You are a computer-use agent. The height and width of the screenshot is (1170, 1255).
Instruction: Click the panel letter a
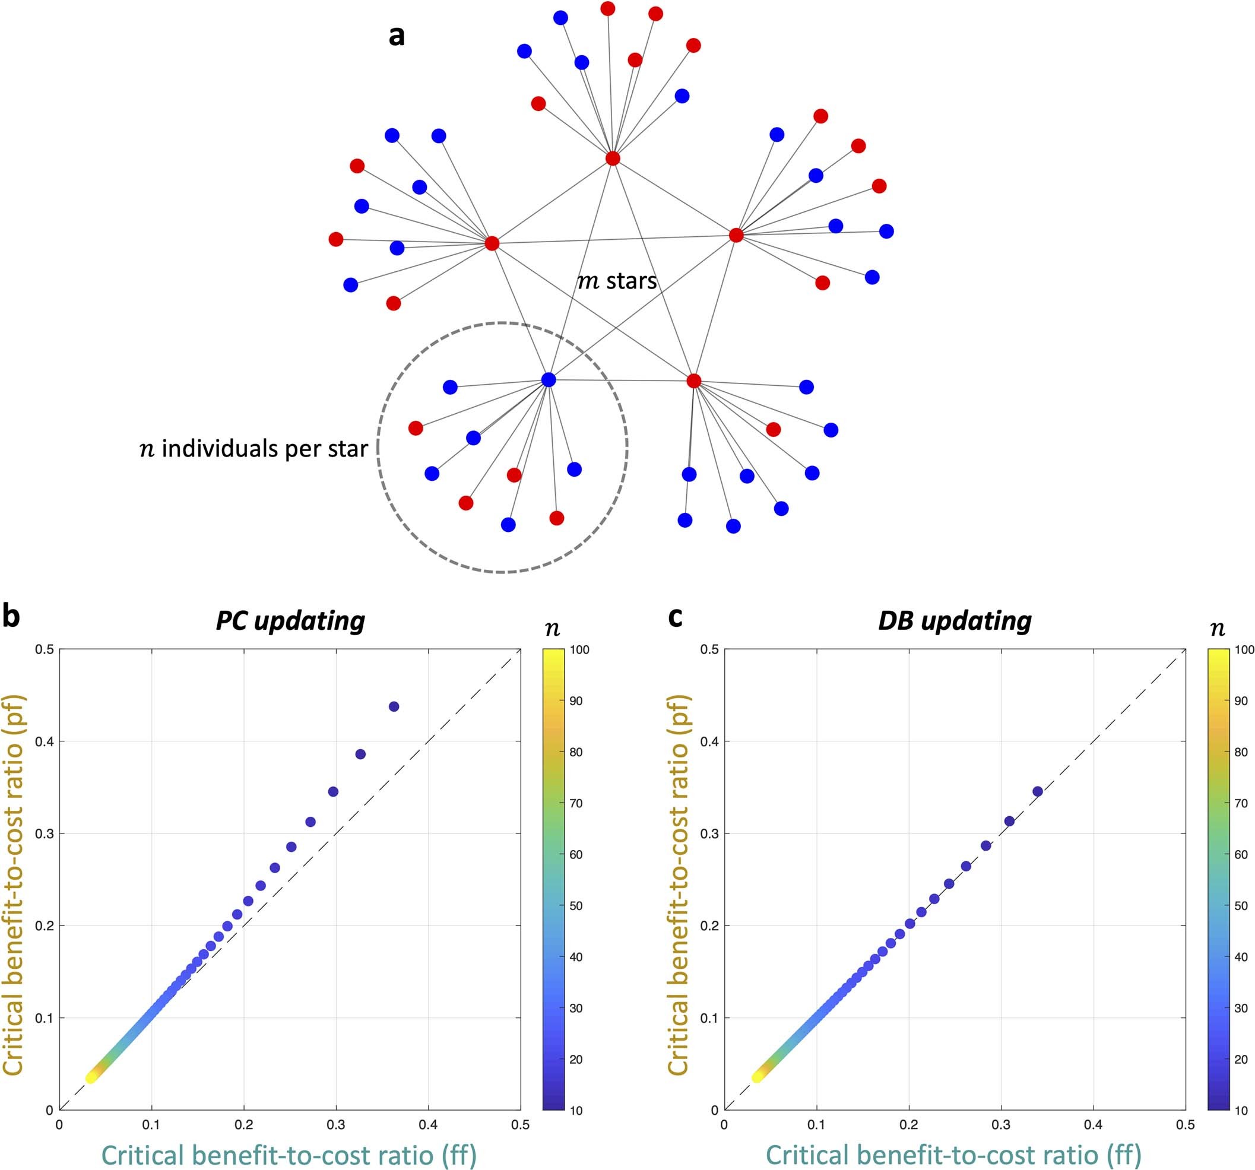tap(397, 36)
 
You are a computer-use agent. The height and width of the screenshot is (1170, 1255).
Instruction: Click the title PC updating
tap(290, 621)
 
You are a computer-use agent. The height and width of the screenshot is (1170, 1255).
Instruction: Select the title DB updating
tap(955, 621)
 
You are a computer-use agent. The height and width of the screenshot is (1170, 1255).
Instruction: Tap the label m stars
tap(617, 281)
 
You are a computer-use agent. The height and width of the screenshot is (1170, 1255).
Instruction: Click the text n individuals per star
tap(253, 449)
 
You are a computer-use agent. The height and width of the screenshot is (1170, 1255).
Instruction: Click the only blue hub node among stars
tap(549, 380)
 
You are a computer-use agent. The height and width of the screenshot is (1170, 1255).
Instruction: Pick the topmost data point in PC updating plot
tap(394, 706)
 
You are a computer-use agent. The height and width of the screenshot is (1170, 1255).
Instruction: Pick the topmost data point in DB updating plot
tap(1037, 791)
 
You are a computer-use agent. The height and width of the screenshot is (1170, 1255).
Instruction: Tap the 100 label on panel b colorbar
tap(579, 650)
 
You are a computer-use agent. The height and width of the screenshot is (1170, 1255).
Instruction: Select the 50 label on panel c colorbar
tap(1241, 906)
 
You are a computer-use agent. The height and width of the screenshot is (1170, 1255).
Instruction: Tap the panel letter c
tap(675, 617)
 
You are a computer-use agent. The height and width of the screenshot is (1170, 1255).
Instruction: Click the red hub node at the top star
tap(612, 158)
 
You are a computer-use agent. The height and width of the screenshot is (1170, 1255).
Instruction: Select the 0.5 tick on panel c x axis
tap(1185, 1124)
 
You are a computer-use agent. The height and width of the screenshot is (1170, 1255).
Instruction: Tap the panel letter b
tap(11, 617)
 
